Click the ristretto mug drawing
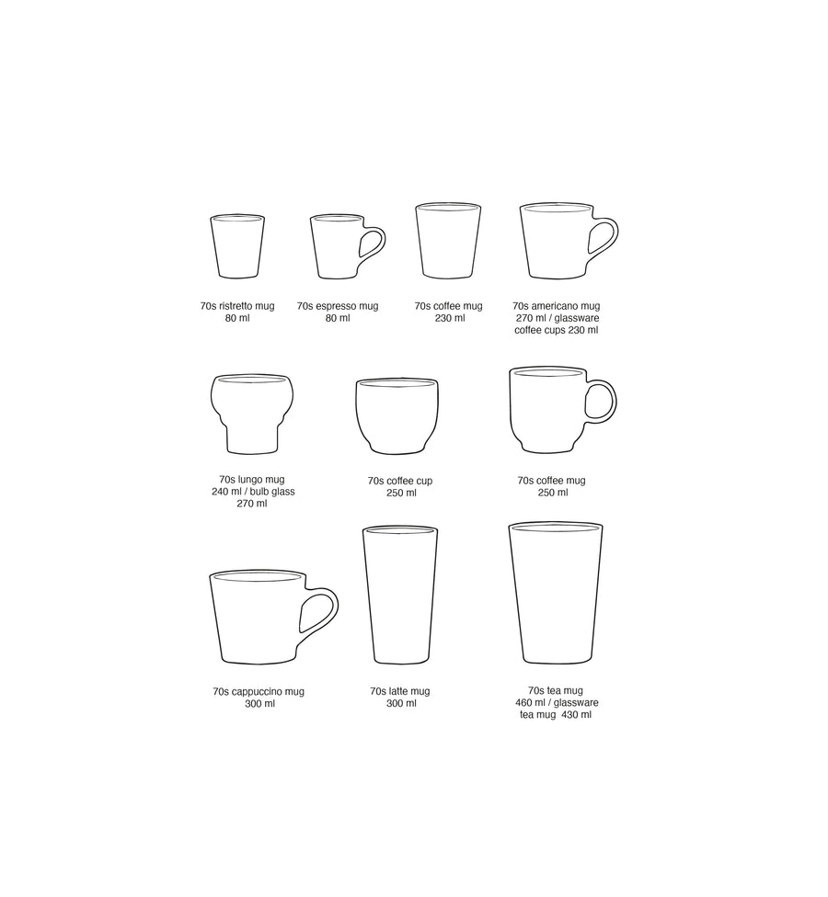pos(237,246)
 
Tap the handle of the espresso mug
pos(373,244)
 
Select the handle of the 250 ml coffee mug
pos(602,402)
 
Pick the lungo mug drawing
pos(251,414)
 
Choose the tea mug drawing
pos(556,593)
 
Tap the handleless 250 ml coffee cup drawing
pos(397,414)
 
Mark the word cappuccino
pos(256,691)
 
